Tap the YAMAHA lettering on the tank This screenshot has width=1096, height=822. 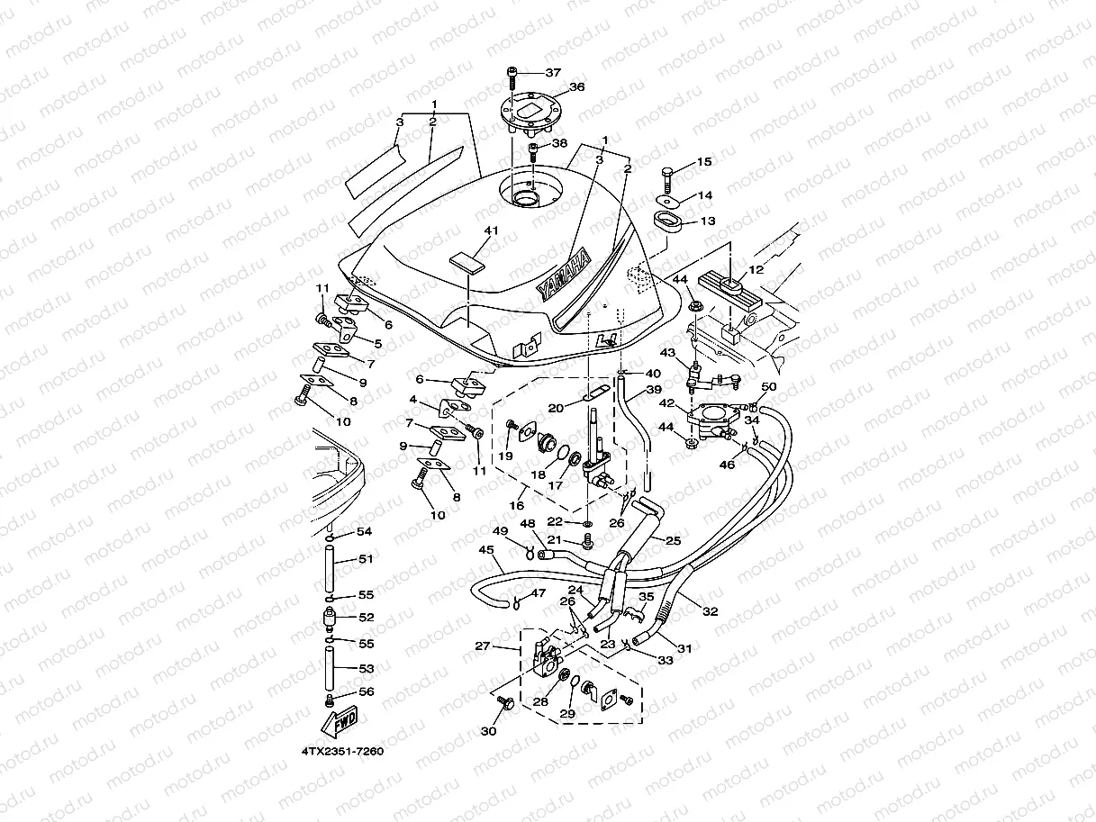(x=564, y=273)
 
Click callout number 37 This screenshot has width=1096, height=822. (x=552, y=72)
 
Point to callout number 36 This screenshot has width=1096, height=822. (x=576, y=87)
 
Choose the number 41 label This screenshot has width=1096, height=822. (x=490, y=231)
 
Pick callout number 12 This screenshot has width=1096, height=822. (x=754, y=270)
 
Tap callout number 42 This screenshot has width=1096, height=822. (x=667, y=403)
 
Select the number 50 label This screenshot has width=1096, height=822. (x=769, y=387)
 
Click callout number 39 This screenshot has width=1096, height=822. (x=654, y=392)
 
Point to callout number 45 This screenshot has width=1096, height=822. (x=486, y=549)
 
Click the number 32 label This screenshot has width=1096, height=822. (x=711, y=612)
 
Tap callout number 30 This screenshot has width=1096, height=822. (x=488, y=732)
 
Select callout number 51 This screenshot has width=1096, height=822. (x=366, y=559)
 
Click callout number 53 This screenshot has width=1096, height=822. (x=366, y=668)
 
